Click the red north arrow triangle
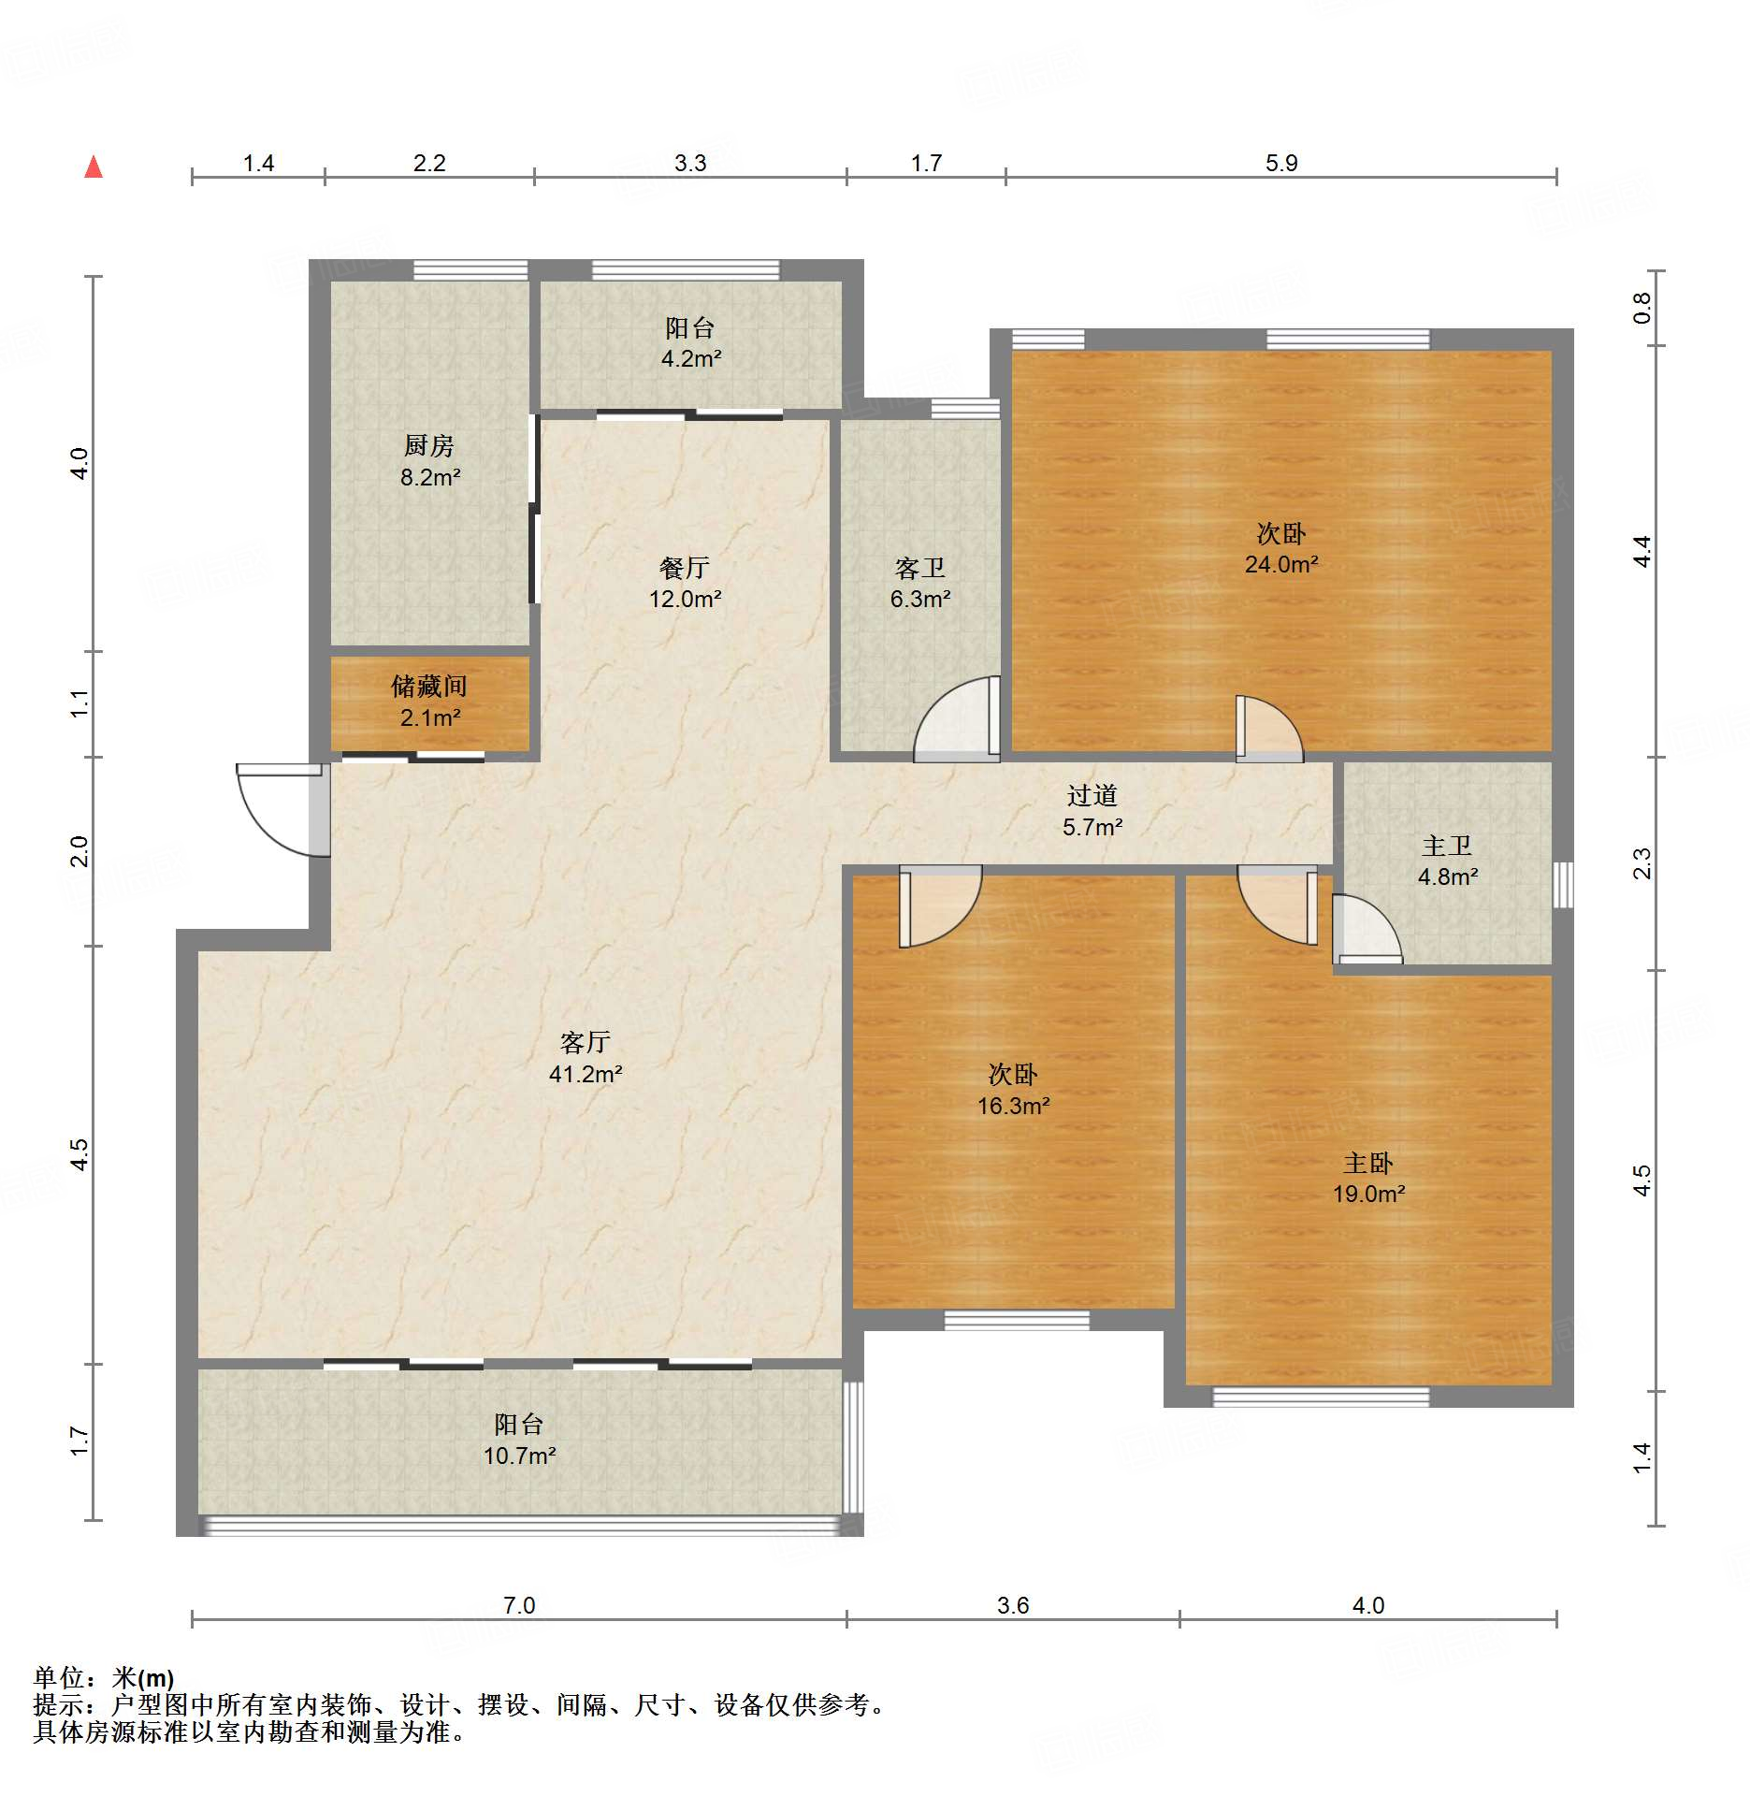click(94, 167)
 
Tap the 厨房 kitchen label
click(429, 446)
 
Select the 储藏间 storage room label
click(429, 687)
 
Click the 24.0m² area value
click(1281, 564)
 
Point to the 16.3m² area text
click(1013, 1107)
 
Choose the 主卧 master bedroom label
click(1368, 1164)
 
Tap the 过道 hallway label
click(1092, 796)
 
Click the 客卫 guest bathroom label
click(920, 568)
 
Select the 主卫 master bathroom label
click(1447, 847)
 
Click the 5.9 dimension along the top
click(1281, 164)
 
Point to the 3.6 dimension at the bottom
click(1013, 1606)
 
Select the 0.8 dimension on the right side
click(1642, 308)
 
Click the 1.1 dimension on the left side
click(80, 703)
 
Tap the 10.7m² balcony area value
click(519, 1456)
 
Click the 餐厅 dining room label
click(685, 568)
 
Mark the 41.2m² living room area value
click(586, 1075)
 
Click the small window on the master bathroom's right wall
click(1563, 885)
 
